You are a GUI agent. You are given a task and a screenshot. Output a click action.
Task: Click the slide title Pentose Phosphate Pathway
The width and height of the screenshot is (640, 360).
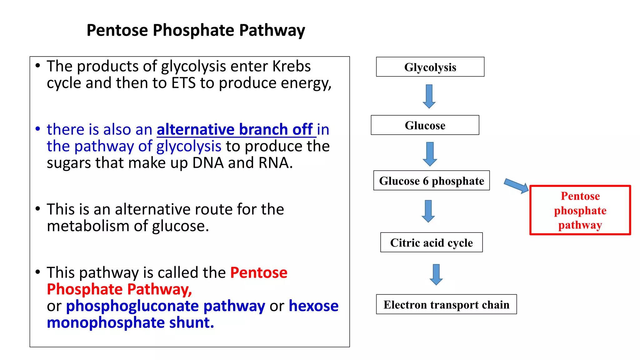coord(196,30)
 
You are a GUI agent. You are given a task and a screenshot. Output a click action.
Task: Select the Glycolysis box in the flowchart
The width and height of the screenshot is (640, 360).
coord(430,67)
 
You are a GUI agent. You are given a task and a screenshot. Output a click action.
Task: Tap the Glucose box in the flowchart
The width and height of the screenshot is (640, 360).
coord(425,125)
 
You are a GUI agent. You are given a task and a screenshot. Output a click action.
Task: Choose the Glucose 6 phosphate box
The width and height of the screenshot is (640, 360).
coord(431,181)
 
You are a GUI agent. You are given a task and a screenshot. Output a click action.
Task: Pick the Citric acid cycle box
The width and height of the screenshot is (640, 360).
coord(431,242)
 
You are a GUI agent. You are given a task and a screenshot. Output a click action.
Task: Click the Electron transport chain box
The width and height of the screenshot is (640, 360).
coord(446,304)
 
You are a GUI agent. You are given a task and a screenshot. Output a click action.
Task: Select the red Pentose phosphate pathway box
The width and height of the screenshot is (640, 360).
coord(580,210)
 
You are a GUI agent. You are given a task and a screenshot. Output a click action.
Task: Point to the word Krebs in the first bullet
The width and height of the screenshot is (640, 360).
coord(291,66)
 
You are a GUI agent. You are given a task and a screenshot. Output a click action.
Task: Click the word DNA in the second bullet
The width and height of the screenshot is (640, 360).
coord(208,163)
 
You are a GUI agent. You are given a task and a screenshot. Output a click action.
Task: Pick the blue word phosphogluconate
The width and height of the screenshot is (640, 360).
coord(132,306)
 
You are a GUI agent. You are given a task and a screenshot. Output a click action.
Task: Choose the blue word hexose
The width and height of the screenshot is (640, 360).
coord(313,306)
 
